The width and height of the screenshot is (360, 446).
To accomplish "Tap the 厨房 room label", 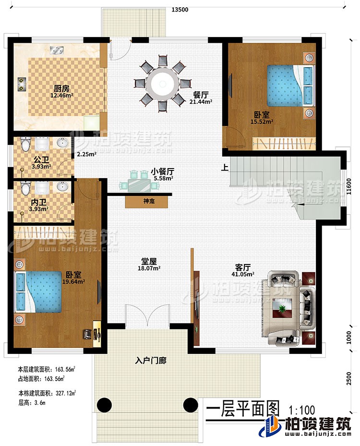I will tap(59, 88).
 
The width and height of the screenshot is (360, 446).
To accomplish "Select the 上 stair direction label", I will tap(224, 168).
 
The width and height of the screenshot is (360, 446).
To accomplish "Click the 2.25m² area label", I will tap(86, 154).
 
